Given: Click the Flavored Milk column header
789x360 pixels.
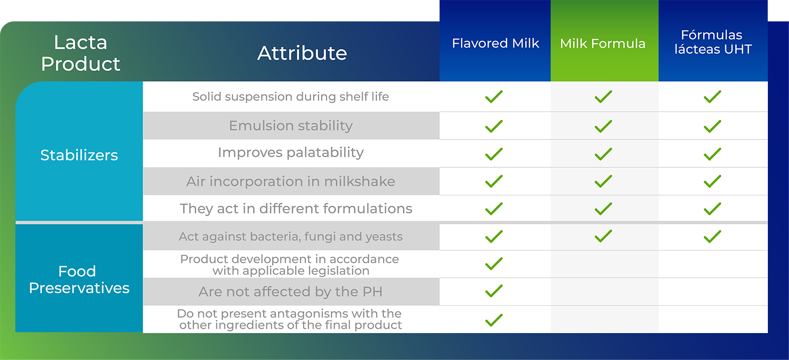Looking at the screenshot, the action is click(495, 43).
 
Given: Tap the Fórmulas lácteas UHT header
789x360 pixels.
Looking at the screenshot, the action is click(713, 42).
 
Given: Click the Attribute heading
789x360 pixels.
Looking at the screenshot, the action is click(302, 53).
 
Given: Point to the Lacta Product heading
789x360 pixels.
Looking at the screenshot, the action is click(80, 53).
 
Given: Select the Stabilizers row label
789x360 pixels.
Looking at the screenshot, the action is click(79, 155).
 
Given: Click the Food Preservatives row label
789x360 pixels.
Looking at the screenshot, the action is click(79, 279).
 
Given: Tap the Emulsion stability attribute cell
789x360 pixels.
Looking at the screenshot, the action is click(291, 125).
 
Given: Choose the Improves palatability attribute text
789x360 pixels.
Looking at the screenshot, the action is click(290, 153).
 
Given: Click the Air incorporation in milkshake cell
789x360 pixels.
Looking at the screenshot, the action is click(291, 181).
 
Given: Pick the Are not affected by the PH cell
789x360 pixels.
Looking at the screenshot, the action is click(291, 292).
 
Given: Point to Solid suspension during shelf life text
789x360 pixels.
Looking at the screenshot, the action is click(290, 97).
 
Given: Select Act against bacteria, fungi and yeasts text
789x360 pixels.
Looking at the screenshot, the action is click(290, 237).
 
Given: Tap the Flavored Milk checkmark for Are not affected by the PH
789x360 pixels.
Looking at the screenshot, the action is click(494, 291).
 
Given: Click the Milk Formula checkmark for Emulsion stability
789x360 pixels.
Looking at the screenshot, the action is click(603, 126).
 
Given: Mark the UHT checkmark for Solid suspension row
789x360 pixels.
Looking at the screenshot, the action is click(713, 97).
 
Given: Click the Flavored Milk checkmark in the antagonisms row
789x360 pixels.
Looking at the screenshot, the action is click(494, 320).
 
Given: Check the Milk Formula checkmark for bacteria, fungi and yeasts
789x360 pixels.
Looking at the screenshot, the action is click(603, 236).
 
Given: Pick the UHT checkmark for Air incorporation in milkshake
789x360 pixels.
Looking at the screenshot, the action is click(713, 181).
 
